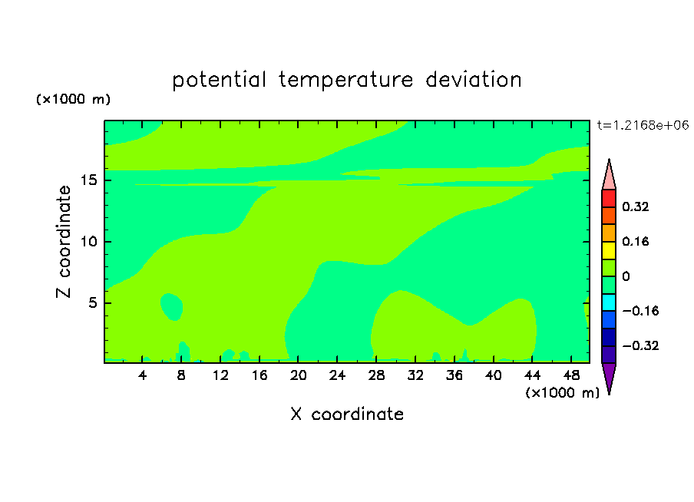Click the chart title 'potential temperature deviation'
[x=347, y=80]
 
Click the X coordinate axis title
[x=347, y=414]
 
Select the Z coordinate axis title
[x=64, y=242]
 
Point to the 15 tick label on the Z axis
[x=89, y=180]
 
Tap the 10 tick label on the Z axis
[x=89, y=242]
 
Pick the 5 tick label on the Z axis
[x=93, y=302]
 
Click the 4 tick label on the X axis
[x=142, y=375]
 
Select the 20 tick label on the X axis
[x=299, y=375]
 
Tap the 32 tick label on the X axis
[x=415, y=375]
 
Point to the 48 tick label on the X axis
[x=571, y=375]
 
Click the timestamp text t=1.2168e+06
[x=643, y=125]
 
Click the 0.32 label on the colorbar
[x=635, y=206]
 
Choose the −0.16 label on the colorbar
[x=640, y=311]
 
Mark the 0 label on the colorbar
[x=626, y=276]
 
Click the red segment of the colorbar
[x=609, y=198]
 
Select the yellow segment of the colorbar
[x=609, y=250]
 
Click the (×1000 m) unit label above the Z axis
[x=73, y=99]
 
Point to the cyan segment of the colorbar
[x=609, y=302]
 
